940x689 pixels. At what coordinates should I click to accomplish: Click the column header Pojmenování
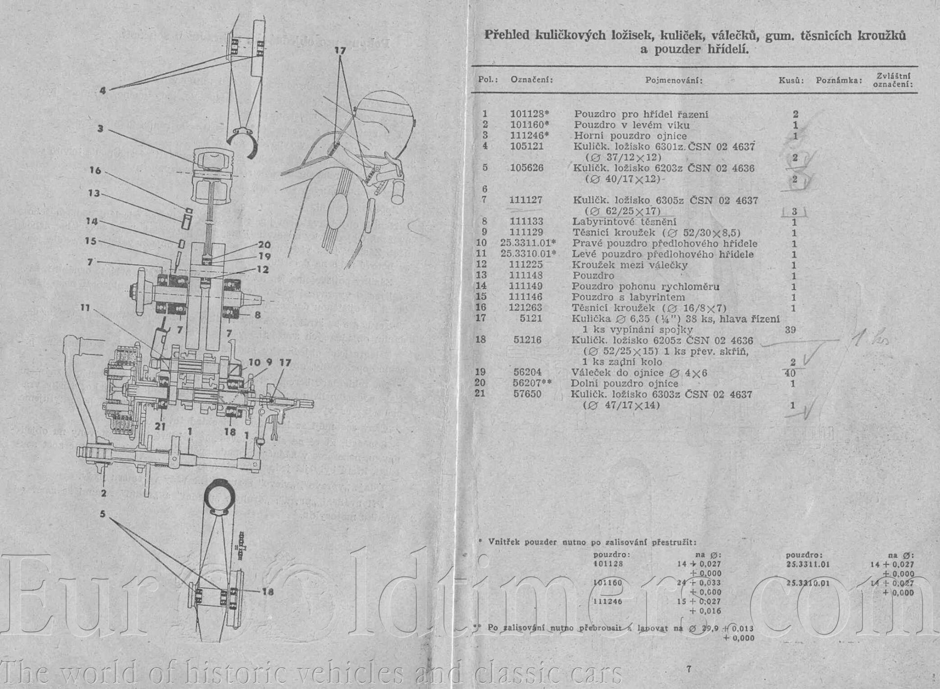click(674, 80)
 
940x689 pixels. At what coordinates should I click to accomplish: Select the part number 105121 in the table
click(527, 146)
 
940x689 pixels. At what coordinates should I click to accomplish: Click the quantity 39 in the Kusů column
click(790, 330)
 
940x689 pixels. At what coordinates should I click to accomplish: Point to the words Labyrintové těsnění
click(624, 222)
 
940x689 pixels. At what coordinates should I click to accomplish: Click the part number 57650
click(527, 394)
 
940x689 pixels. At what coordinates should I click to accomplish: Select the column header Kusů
click(791, 80)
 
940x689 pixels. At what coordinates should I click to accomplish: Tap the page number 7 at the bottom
click(689, 669)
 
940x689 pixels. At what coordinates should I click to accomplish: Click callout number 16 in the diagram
click(95, 170)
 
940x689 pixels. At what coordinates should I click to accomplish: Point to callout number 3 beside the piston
click(100, 129)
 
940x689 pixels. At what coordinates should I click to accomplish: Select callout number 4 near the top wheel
click(102, 91)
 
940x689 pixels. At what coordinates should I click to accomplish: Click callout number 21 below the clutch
click(160, 427)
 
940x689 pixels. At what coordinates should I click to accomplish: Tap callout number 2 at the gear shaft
click(103, 493)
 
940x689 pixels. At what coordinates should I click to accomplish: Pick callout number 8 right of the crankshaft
click(258, 315)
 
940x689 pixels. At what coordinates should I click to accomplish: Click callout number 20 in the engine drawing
click(264, 245)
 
